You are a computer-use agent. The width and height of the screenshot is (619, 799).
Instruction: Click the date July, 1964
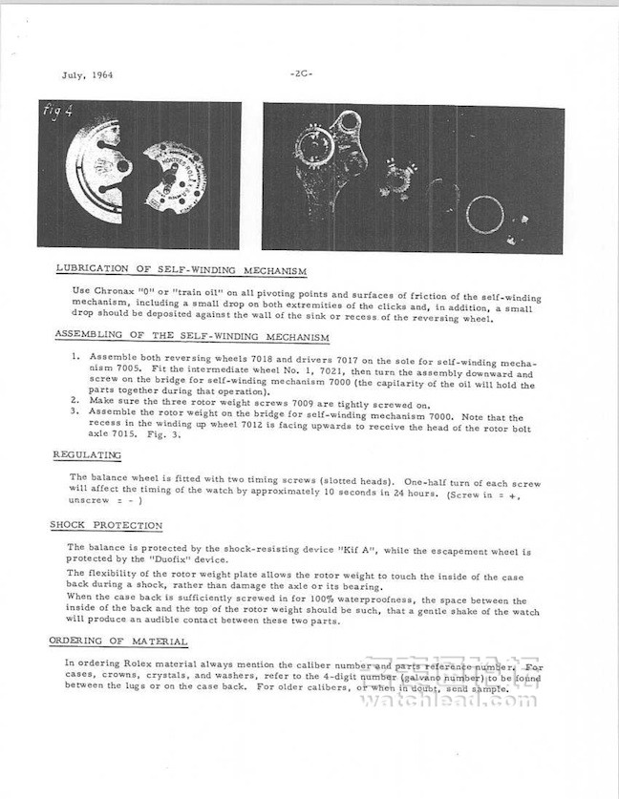(x=87, y=75)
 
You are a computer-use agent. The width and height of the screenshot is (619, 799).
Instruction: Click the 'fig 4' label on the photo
(x=58, y=113)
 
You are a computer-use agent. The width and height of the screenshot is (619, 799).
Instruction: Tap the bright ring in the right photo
(x=484, y=214)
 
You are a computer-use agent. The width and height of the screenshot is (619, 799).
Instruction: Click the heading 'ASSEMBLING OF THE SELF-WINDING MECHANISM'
(x=192, y=337)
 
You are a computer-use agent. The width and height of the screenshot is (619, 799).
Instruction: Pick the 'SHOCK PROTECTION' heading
(x=107, y=525)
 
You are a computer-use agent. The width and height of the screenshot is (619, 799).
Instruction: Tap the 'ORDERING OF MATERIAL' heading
(x=118, y=641)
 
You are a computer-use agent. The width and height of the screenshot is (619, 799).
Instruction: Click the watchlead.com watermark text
(x=449, y=700)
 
